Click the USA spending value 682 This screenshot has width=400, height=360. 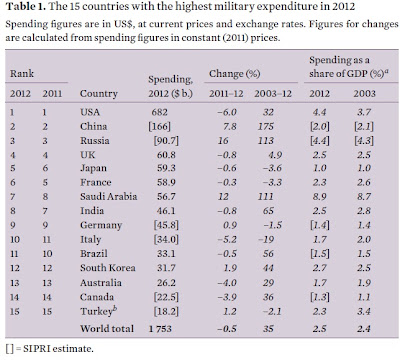click(159, 112)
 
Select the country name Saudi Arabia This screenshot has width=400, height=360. click(108, 196)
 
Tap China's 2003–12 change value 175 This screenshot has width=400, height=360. click(265, 126)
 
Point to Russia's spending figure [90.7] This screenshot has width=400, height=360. click(166, 141)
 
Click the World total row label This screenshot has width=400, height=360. click(107, 328)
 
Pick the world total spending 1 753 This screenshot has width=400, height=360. click(160, 329)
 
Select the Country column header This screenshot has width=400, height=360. click(99, 94)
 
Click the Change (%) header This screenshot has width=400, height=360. click(235, 74)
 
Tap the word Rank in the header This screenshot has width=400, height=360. click(22, 73)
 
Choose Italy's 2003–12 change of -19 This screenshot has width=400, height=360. click(266, 239)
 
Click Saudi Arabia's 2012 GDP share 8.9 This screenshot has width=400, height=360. click(319, 196)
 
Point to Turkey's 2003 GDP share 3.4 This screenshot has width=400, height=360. click(363, 311)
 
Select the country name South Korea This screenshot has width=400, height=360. click(108, 268)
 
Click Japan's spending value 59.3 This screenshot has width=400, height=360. click(166, 168)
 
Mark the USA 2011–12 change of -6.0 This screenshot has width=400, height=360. click(227, 112)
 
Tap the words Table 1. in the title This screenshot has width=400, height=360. click(26, 6)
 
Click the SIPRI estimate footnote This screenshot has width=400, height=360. click(49, 349)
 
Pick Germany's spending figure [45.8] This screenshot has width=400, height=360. click(166, 225)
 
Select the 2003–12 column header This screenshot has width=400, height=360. click(273, 93)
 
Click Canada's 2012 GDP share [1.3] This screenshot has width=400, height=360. click(320, 297)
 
